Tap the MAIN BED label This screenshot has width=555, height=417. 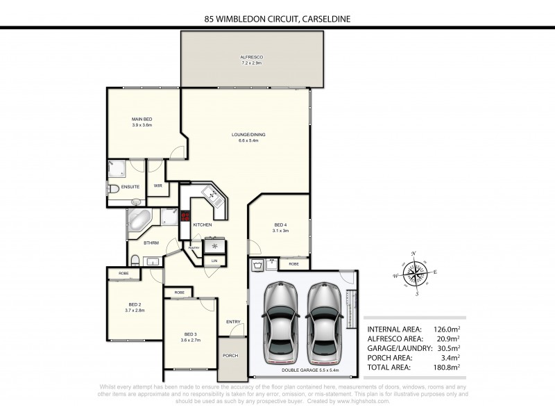(x=142, y=120)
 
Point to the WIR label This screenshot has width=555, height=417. (x=157, y=186)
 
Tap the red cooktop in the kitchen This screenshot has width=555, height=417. (x=185, y=216)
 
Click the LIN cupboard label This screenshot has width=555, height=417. (x=214, y=261)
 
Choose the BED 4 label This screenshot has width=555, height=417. (x=280, y=224)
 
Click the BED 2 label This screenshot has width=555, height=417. (x=135, y=304)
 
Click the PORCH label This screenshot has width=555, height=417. (x=230, y=355)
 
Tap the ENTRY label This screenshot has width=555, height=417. (x=233, y=322)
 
